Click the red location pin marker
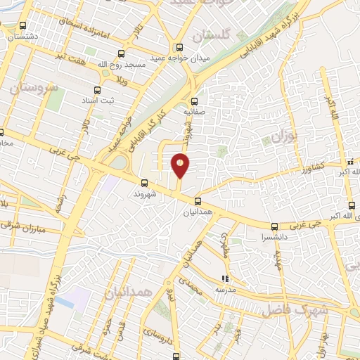(x=181, y=166)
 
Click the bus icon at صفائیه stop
(x=195, y=100)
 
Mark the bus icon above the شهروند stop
(x=145, y=182)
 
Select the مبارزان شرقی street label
(x=39, y=230)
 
